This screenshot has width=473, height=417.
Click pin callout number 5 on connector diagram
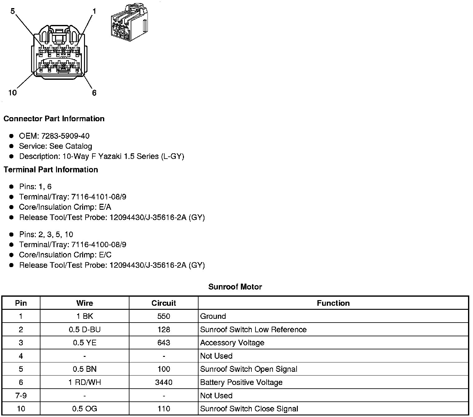[x=12, y=12]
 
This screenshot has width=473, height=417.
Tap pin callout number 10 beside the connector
[x=12, y=93]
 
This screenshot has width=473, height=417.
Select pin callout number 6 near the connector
[x=94, y=93]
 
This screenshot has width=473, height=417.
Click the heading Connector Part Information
[x=54, y=119]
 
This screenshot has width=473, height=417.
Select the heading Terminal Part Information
[x=51, y=170]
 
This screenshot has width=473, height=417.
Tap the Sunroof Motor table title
[x=235, y=287]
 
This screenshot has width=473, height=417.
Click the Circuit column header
[x=164, y=303]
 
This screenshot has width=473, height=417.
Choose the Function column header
[x=333, y=303]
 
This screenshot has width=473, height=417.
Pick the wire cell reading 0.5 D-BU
[x=85, y=329]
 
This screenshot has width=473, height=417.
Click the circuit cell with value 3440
[x=164, y=382]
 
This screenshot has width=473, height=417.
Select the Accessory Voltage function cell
[x=232, y=343]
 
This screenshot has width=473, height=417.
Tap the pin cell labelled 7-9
[x=21, y=395]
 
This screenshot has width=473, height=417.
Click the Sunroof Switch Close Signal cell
[x=249, y=409]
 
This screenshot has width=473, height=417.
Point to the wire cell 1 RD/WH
[x=85, y=382]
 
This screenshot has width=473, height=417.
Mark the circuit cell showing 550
[x=164, y=316]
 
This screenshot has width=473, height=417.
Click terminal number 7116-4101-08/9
[x=99, y=197]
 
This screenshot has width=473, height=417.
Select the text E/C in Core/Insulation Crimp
[x=105, y=255]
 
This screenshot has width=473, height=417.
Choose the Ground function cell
[x=213, y=316]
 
